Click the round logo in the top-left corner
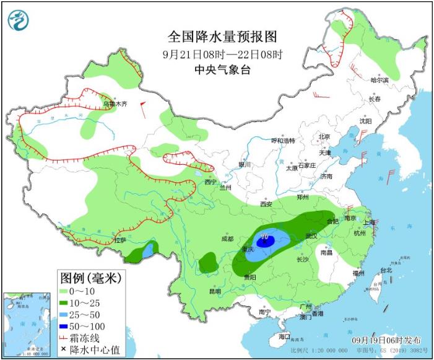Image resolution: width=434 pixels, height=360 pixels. pyautogui.click(x=19, y=20)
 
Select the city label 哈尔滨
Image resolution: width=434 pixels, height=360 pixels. pyautogui.click(x=379, y=80)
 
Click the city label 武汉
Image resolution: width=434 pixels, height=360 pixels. pyautogui.click(x=311, y=236)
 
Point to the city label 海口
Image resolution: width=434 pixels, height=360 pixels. pyautogui.click(x=284, y=336)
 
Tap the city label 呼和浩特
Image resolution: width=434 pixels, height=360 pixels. pyautogui.click(x=289, y=141)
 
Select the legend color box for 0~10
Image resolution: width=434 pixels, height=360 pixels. pyautogui.click(x=65, y=290)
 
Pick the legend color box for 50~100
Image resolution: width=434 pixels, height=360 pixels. pyautogui.click(x=65, y=325)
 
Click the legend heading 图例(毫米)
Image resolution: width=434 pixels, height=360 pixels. pyautogui.click(x=90, y=276)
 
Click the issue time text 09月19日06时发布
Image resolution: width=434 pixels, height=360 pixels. pyautogui.click(x=386, y=341)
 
